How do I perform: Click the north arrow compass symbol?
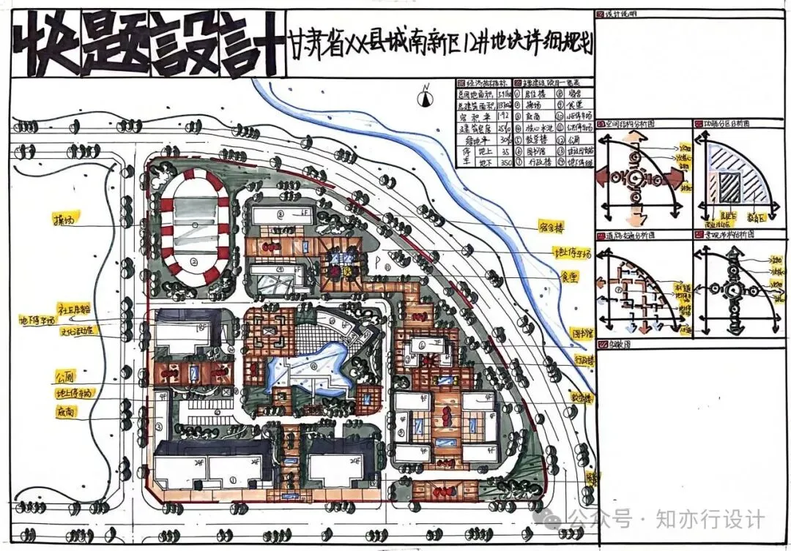[x=424, y=93]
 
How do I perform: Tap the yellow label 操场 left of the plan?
[x=67, y=219]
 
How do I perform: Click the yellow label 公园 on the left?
[x=65, y=378]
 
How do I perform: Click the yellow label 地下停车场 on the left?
[x=37, y=319]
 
